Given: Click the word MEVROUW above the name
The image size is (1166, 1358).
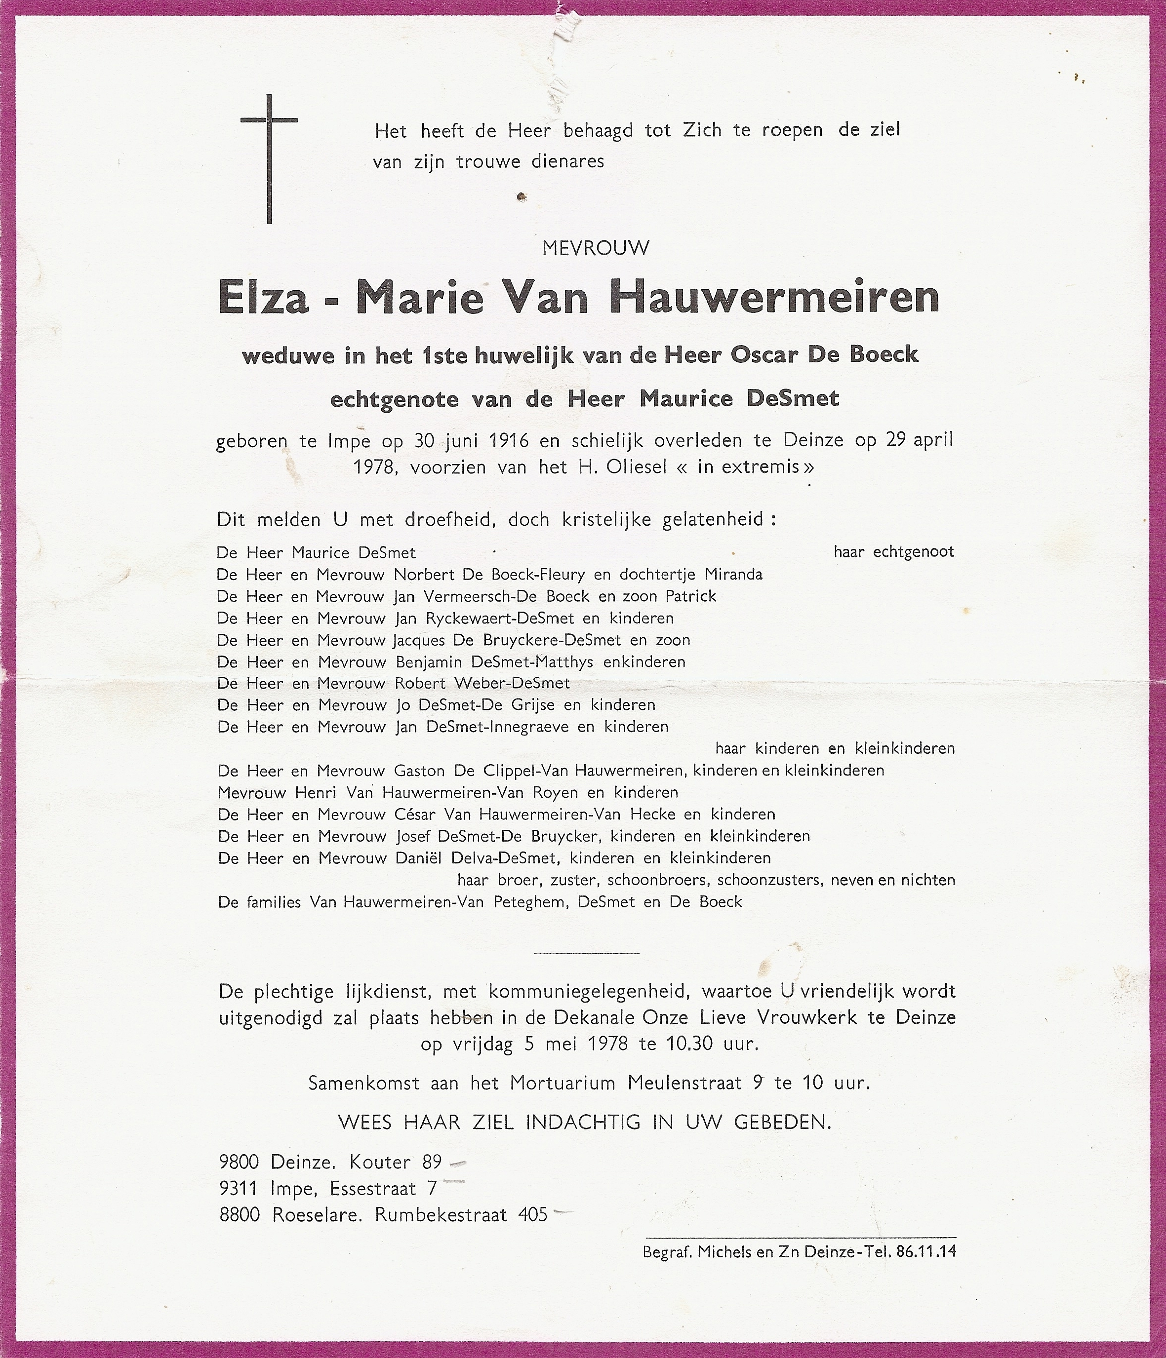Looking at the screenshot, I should [x=596, y=248].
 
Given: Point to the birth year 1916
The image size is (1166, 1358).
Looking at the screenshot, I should [x=508, y=440].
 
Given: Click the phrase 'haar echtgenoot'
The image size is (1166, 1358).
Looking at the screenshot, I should [x=894, y=551].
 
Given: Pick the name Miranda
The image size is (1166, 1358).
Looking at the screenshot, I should [x=733, y=574].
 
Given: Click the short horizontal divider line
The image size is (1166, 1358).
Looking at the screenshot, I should [x=586, y=952].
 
